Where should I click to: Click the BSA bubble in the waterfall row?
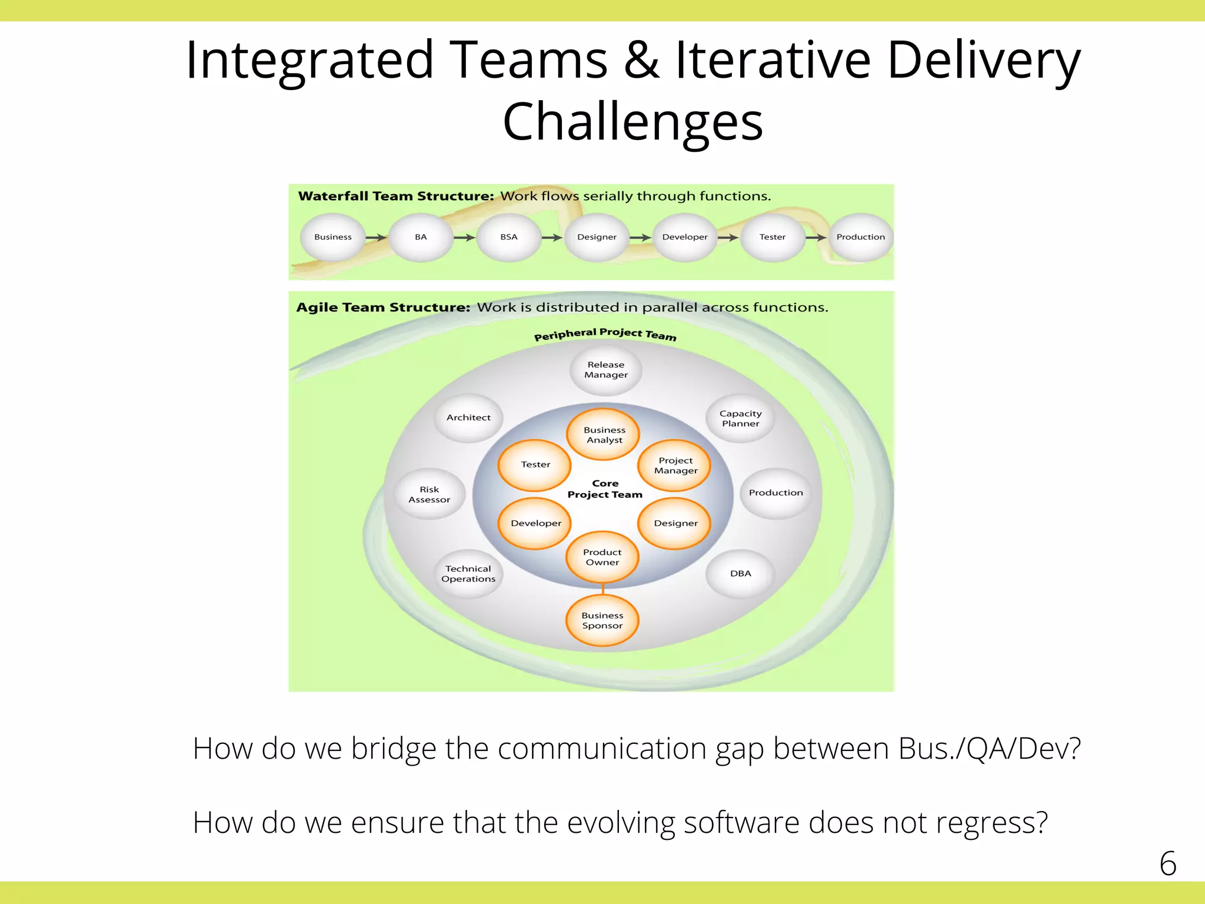(509, 237)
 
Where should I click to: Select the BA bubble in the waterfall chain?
(421, 237)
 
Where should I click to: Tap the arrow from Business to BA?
(375, 238)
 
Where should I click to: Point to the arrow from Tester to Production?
(816, 238)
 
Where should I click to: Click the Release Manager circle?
(605, 370)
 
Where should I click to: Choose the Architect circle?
(468, 418)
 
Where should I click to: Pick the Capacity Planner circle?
(740, 418)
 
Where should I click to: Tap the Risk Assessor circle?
(430, 494)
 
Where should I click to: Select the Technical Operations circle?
(468, 574)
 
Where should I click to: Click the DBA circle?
(740, 574)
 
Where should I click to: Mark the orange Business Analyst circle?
(604, 435)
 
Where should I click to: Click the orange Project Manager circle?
(675, 466)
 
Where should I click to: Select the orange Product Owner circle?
(602, 557)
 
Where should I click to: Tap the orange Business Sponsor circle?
(602, 620)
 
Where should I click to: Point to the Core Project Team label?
(605, 489)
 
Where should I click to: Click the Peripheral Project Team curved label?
(605, 334)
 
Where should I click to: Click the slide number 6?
(1167, 863)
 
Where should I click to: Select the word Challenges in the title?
(633, 121)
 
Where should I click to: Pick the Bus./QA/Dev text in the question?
(988, 749)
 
